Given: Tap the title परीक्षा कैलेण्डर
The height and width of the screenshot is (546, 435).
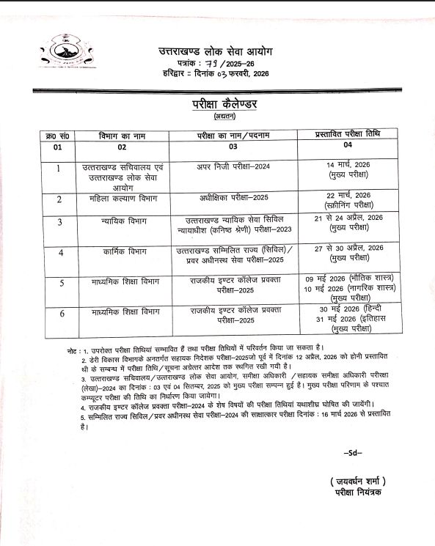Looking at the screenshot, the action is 220,104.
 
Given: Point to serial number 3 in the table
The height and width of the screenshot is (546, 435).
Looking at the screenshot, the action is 60,221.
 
